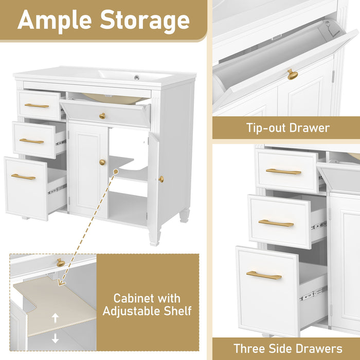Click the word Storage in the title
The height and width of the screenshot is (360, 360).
pos(145,20)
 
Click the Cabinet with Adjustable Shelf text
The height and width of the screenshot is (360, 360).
pos(147,304)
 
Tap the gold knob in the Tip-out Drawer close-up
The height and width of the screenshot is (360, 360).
pos(292,75)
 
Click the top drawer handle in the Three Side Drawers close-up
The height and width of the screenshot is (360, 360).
pos(283,172)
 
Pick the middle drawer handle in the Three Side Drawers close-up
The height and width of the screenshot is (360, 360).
pos(276,223)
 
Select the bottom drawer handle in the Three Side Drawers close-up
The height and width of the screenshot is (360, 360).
pos(264,275)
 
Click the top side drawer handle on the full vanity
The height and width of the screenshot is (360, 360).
pos(37,106)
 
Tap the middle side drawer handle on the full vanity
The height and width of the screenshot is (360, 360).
pos(31,141)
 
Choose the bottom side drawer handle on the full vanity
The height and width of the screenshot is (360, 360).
pos(23,177)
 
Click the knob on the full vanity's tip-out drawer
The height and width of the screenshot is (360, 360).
pos(102,116)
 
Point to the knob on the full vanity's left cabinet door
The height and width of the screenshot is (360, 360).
pos(102,163)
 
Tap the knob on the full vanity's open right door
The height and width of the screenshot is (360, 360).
pos(161,179)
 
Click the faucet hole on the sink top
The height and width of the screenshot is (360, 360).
pos(137,78)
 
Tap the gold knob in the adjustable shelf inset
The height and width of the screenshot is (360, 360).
pos(60,263)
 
